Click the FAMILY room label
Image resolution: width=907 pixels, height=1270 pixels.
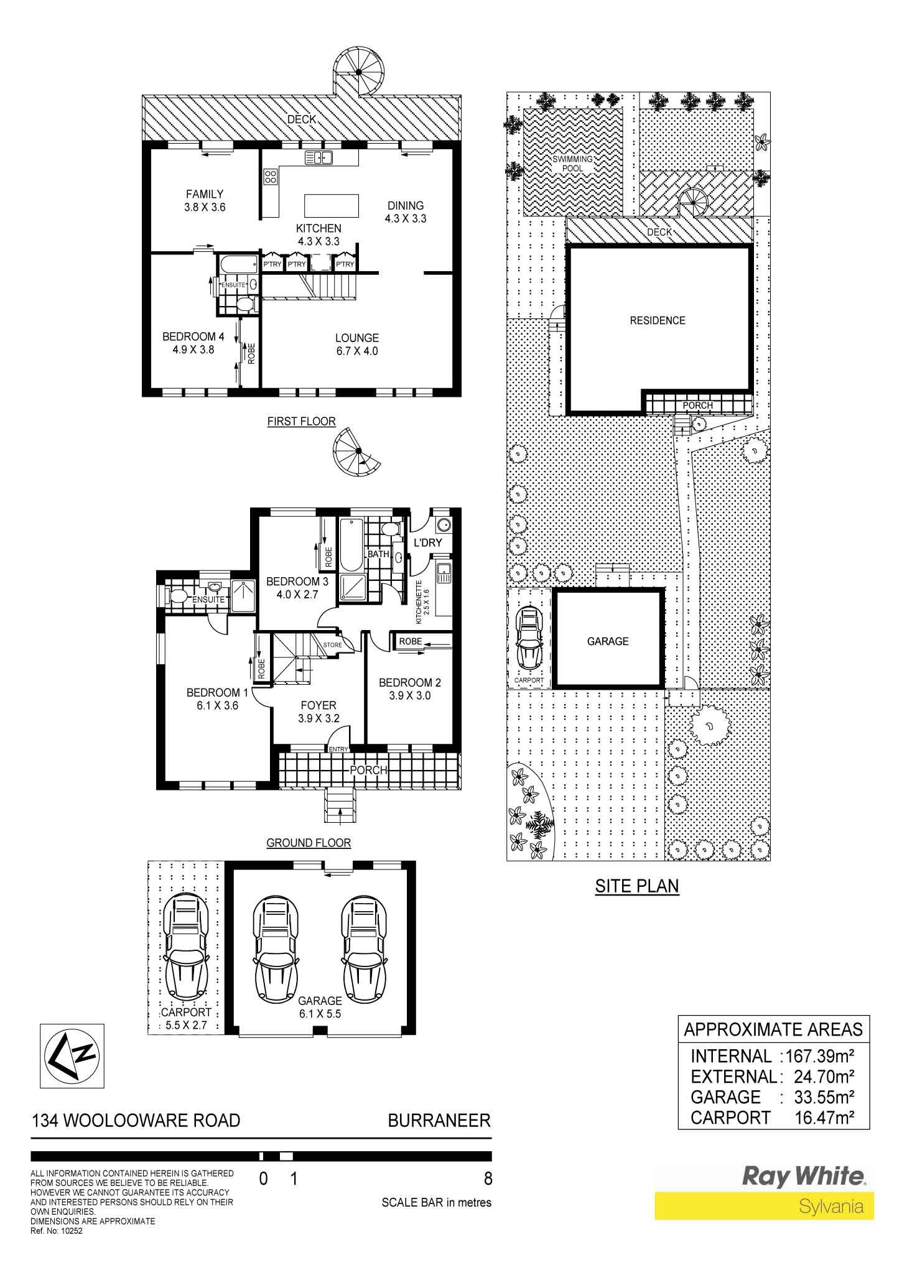[x=204, y=194]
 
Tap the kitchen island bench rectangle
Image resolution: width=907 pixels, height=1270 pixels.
[x=331, y=205]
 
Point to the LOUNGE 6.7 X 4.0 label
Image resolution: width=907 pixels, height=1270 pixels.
[x=357, y=345]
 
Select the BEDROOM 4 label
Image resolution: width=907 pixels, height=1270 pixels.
[x=193, y=336]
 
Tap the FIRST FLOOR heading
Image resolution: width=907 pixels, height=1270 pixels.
[x=301, y=422]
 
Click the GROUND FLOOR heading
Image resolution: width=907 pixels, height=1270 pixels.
[x=309, y=843]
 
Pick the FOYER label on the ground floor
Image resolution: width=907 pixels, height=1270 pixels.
[x=319, y=705]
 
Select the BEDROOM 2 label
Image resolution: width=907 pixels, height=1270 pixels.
[x=410, y=683]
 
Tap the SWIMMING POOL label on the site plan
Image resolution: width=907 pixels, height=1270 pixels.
[x=573, y=164]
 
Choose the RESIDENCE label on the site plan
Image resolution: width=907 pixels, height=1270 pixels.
[x=658, y=320]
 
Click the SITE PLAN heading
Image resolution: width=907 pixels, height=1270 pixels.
[x=636, y=886]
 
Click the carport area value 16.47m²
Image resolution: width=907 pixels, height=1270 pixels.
[x=824, y=1118]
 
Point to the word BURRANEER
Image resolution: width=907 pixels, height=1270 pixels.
[x=439, y=1121]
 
